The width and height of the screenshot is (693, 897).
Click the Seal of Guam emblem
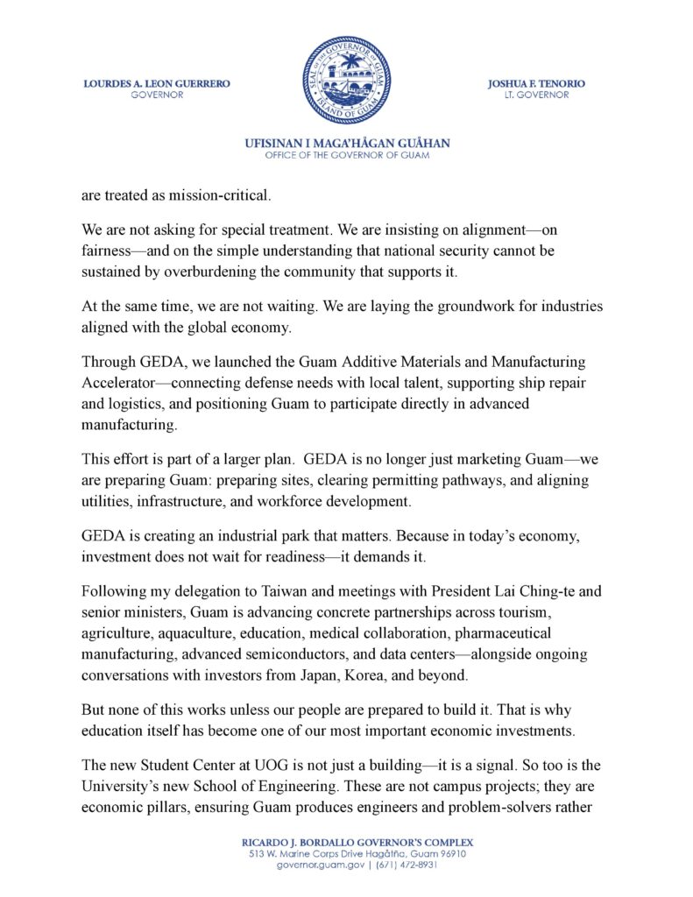(346, 80)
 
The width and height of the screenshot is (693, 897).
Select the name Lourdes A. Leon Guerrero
(157, 84)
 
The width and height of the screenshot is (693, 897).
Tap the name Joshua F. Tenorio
(536, 84)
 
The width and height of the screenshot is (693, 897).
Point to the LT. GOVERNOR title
(536, 95)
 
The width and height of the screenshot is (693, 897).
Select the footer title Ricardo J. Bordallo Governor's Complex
(347, 842)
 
